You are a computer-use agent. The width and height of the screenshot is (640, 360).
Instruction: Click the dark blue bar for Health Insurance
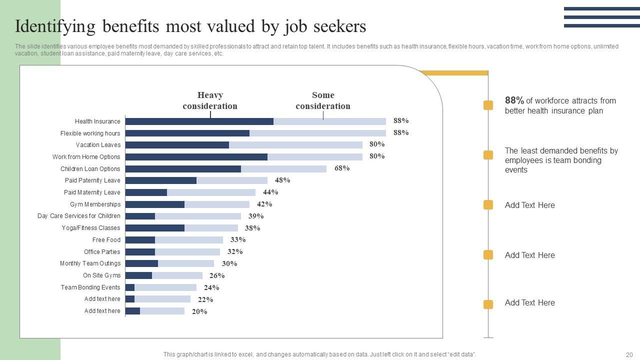199,121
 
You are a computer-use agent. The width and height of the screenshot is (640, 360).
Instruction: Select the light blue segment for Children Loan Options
283,169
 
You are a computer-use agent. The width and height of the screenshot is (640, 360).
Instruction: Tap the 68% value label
342,168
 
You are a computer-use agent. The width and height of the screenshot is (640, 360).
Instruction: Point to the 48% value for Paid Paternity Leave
282,180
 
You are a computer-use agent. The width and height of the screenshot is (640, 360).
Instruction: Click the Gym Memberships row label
95,204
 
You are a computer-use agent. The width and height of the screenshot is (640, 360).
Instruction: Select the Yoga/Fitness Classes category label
91,228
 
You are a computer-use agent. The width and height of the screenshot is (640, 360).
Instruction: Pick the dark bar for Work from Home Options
196,157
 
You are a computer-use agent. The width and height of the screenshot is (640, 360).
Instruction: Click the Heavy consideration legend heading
210,100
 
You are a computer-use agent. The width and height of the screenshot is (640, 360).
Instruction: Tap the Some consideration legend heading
323,100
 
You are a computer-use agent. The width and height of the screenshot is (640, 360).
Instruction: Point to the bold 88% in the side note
514,100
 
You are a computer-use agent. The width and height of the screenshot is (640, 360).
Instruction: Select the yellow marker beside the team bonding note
488,155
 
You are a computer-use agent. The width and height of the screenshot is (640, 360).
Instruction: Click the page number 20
629,354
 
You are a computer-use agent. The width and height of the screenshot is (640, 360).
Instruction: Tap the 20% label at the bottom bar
199,311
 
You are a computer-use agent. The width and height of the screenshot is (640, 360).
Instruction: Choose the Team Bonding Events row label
90,287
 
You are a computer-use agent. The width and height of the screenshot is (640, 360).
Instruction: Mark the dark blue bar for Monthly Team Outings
141,263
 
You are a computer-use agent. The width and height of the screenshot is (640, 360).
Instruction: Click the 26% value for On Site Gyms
217,275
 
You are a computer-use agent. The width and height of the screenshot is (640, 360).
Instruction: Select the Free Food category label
106,240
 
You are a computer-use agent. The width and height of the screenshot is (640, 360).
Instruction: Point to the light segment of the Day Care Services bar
198,216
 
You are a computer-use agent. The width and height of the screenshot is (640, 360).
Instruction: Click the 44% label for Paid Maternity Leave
270,192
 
